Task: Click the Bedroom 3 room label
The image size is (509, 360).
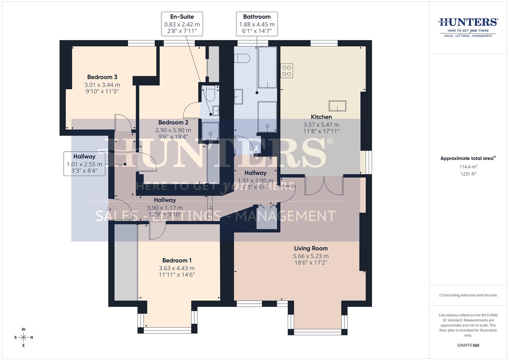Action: click(x=102, y=77)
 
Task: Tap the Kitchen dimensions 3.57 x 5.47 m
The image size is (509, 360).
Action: click(x=321, y=125)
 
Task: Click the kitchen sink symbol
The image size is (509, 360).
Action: click(x=337, y=106)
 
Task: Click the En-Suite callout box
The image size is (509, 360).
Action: click(x=182, y=24)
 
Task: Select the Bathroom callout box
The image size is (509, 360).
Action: click(x=257, y=24)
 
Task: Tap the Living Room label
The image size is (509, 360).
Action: click(x=311, y=248)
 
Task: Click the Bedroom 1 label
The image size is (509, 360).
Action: click(x=177, y=260)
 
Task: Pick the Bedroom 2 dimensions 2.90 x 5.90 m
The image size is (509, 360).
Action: click(x=173, y=130)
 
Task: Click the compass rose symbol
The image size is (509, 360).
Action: click(x=23, y=337)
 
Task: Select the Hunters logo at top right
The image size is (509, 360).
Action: click(x=468, y=27)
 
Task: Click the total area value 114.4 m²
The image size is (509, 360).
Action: click(x=468, y=167)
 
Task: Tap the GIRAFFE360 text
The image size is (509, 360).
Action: click(x=468, y=345)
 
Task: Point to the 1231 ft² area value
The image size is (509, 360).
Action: click(x=468, y=174)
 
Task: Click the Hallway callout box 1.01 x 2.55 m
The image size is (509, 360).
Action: click(x=84, y=164)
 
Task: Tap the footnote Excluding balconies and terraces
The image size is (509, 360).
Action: click(x=468, y=295)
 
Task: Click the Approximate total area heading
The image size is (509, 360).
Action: click(x=468, y=158)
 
